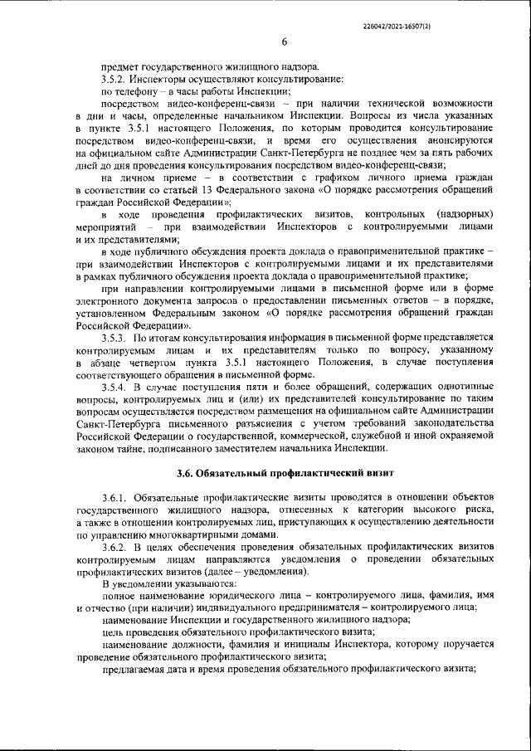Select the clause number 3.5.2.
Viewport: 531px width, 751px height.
click(x=114, y=78)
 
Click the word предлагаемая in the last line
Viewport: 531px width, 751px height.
click(x=138, y=671)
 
